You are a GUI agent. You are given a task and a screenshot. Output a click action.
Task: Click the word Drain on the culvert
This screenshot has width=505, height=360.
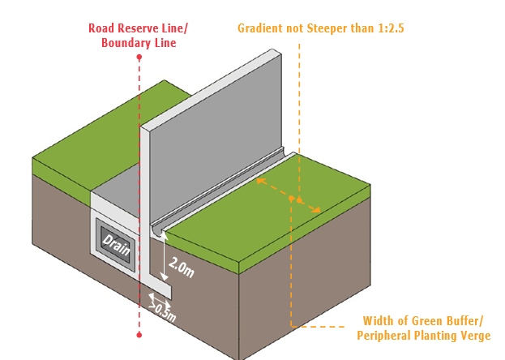click(117, 242)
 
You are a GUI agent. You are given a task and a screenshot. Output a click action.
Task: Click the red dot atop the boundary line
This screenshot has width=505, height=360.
click(139, 57)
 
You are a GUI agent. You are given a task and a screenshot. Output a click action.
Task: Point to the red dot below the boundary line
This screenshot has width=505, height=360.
click(139, 334)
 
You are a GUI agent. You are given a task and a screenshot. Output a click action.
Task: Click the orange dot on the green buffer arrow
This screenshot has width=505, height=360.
click(299, 199)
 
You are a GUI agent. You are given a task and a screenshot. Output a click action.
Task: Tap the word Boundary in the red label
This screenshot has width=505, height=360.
click(126, 43)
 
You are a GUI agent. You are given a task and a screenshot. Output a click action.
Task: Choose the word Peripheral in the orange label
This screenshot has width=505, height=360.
click(384, 336)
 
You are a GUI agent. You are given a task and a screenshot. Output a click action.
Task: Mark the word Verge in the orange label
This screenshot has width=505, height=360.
click(473, 336)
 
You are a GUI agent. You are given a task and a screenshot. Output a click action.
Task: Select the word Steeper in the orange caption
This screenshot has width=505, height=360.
click(333, 28)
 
